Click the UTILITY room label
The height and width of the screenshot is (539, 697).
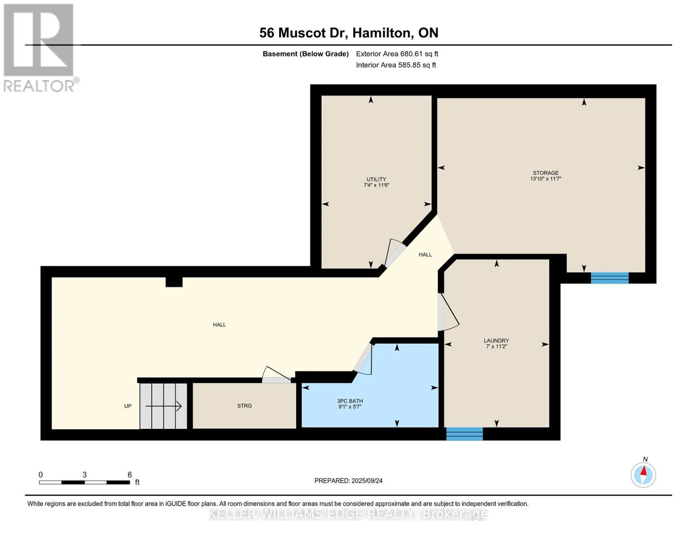click(376, 179)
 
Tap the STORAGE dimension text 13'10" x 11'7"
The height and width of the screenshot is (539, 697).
click(546, 179)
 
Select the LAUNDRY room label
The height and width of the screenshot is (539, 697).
click(496, 340)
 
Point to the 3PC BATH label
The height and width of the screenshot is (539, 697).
click(350, 401)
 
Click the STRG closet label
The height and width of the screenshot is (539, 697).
click(245, 406)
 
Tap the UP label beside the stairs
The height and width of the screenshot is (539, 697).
click(127, 406)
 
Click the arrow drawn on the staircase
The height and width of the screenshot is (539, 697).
click(163, 406)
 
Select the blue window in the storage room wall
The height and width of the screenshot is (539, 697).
click(610, 278)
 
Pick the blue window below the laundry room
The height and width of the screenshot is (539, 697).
click(465, 434)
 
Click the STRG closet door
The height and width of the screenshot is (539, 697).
click(276, 375)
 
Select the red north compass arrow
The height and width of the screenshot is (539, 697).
click(644, 471)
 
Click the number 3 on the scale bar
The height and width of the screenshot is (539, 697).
click(84, 475)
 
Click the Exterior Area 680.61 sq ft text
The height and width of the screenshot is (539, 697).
click(397, 54)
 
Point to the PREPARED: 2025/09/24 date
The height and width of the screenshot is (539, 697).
click(348, 481)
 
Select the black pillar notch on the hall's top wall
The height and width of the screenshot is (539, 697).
click(174, 282)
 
